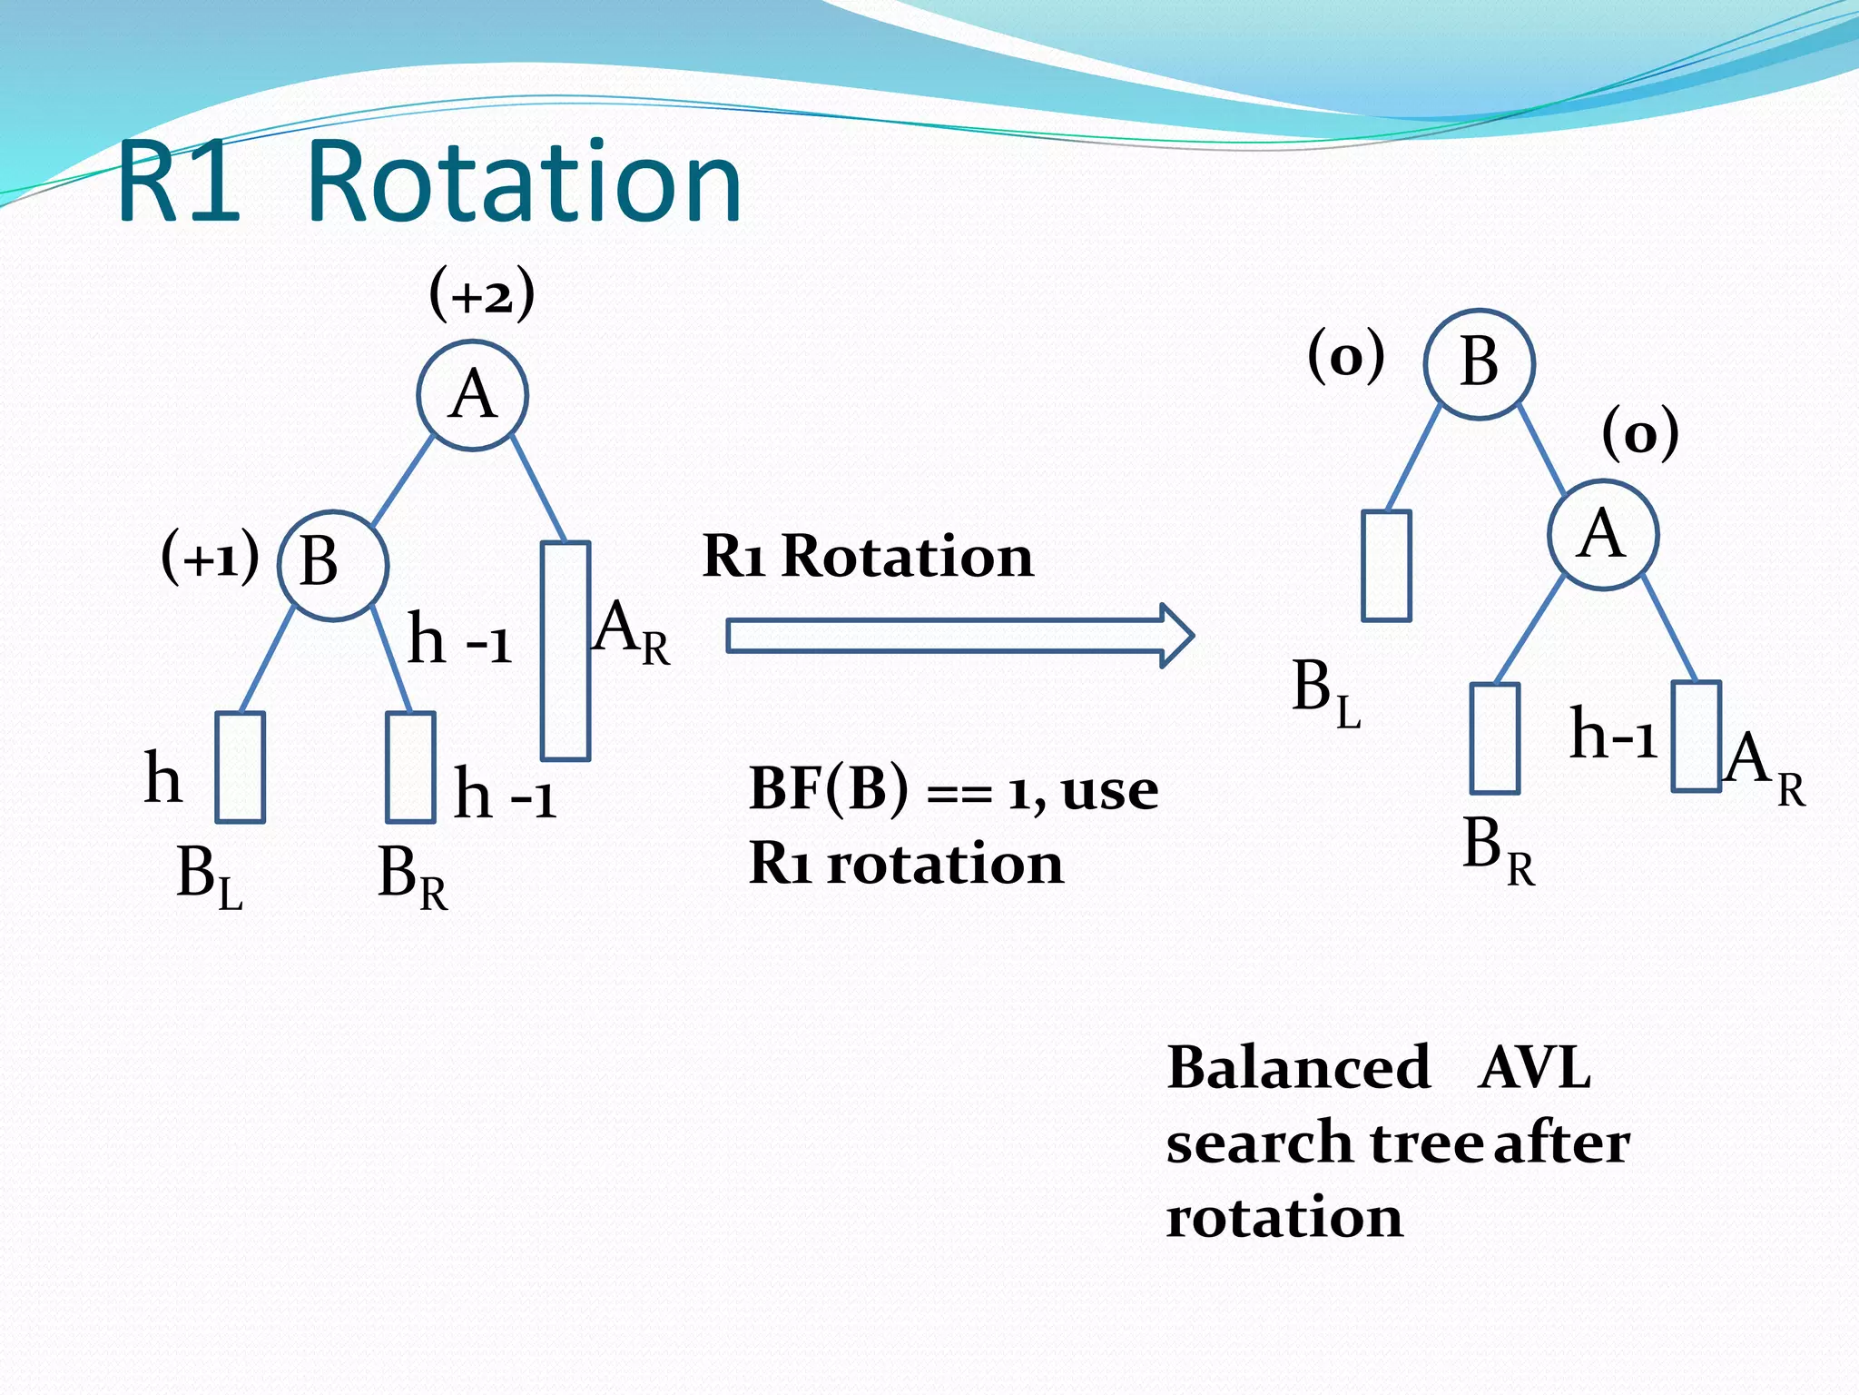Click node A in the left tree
(x=472, y=395)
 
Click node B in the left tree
(x=332, y=565)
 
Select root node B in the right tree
(x=1479, y=363)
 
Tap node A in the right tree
(x=1603, y=535)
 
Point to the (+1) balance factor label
(x=210, y=556)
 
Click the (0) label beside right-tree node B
(x=1346, y=355)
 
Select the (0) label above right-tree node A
(x=1639, y=433)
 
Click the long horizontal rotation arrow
(x=959, y=636)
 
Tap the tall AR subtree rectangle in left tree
(x=566, y=650)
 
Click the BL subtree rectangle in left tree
(x=241, y=767)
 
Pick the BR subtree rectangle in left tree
(x=410, y=767)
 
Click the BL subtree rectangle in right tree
(x=1386, y=565)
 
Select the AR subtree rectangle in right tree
(x=1696, y=737)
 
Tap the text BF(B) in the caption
(x=828, y=787)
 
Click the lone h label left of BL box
(x=163, y=777)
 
